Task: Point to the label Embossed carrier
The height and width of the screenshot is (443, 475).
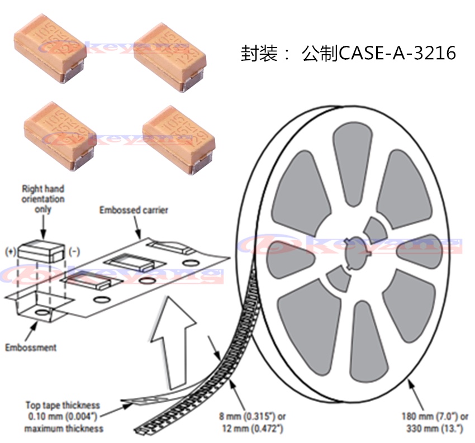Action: pos(134,210)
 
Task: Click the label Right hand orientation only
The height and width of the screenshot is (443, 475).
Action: pos(43,199)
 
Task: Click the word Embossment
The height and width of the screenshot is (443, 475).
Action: pos(31,347)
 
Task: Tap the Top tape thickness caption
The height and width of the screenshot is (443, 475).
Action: pos(64,416)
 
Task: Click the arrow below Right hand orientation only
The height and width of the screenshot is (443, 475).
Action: pos(43,227)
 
